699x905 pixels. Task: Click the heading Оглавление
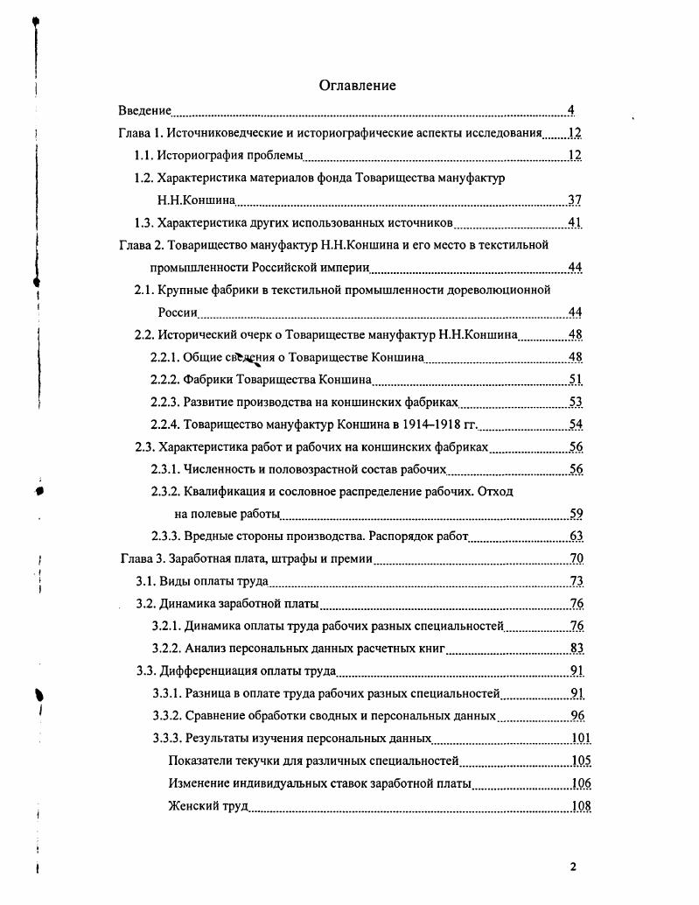pyautogui.click(x=357, y=85)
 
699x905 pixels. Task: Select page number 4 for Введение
pyautogui.click(x=570, y=110)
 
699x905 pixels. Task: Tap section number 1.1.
pyautogui.click(x=143, y=156)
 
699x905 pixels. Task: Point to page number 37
pyautogui.click(x=575, y=200)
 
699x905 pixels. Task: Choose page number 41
pyautogui.click(x=575, y=222)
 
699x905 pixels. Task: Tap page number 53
pyautogui.click(x=576, y=402)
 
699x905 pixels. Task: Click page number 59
pyautogui.click(x=576, y=514)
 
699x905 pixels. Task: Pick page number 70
pyautogui.click(x=576, y=558)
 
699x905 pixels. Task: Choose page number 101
pyautogui.click(x=580, y=739)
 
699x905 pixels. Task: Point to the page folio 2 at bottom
pyautogui.click(x=573, y=867)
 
